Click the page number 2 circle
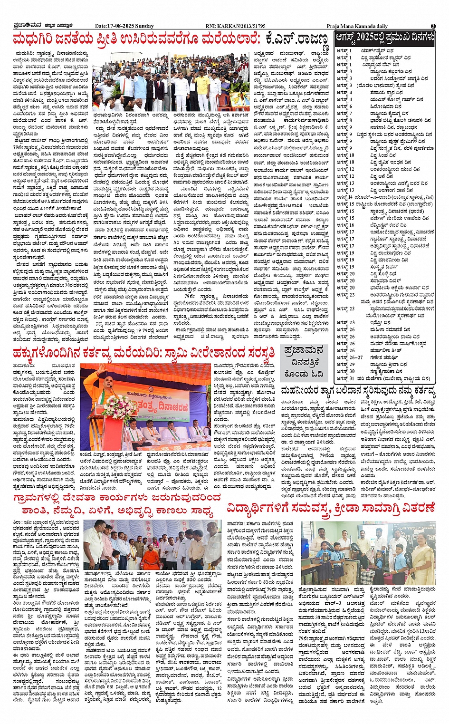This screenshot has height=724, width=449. click(433, 26)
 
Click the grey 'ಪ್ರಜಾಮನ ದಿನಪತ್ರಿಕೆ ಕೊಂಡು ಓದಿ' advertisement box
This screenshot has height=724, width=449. click(303, 362)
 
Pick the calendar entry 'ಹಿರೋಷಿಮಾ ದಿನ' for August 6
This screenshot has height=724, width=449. click(384, 106)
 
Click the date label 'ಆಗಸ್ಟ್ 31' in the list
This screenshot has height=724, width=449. click(345, 378)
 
